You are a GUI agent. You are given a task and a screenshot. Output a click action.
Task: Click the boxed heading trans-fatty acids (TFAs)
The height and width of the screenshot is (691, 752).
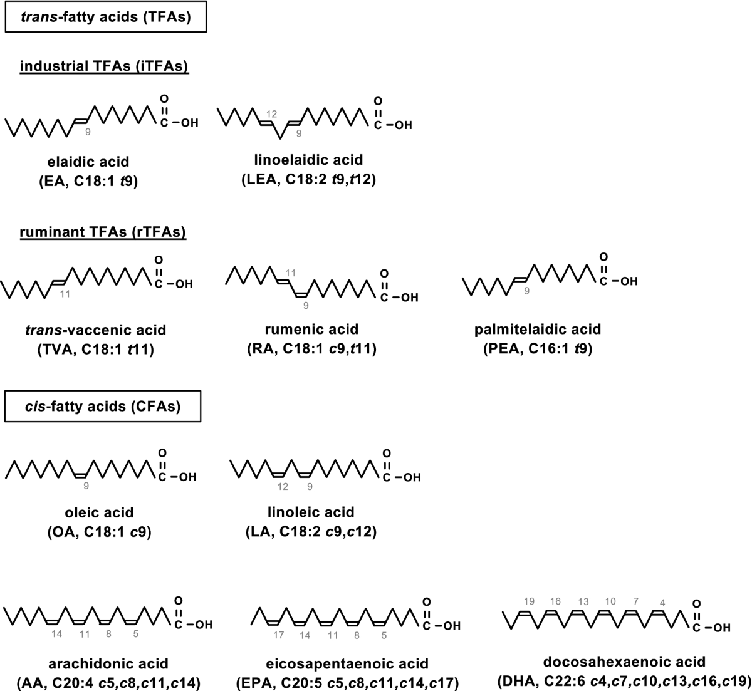coord(105,18)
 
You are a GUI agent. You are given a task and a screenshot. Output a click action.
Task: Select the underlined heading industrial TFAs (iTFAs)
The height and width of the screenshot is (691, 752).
coord(105,66)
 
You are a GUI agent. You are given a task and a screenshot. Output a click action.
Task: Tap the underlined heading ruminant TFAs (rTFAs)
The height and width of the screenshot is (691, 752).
coord(103,232)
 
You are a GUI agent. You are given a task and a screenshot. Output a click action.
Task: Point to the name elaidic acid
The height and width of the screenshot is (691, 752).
coord(88,162)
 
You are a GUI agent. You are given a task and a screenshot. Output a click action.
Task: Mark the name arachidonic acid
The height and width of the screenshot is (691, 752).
coord(101,663)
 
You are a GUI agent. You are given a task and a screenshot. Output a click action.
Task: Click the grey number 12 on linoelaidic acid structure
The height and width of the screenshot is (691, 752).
coord(271,114)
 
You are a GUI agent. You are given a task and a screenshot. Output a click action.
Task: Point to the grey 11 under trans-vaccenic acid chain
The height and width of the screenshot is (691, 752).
coord(65,293)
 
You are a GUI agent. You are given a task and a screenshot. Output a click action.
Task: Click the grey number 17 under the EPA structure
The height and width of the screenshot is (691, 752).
coord(279,635)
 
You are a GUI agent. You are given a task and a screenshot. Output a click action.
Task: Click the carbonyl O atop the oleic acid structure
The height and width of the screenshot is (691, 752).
coord(163,453)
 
